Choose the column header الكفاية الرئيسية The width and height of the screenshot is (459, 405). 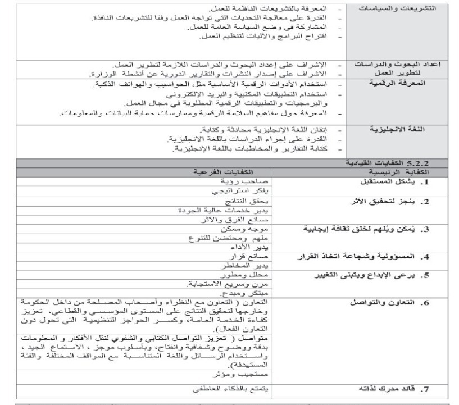pyautogui.click(x=398, y=171)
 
